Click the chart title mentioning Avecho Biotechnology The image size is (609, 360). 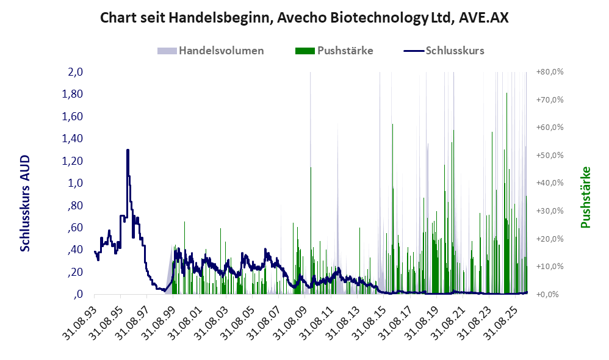(x=304, y=18)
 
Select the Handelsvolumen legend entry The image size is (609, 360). (x=211, y=51)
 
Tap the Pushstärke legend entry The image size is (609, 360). (x=334, y=51)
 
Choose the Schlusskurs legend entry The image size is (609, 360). (x=444, y=51)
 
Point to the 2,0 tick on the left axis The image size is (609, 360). (x=76, y=72)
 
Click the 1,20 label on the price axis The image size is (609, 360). (x=73, y=160)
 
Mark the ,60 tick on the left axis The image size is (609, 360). (x=75, y=228)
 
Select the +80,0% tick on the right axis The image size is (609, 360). (x=550, y=72)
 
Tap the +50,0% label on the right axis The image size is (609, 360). (x=550, y=156)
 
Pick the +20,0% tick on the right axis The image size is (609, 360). (x=550, y=239)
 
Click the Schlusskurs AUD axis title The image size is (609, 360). (x=25, y=203)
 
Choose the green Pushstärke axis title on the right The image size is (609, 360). (x=585, y=197)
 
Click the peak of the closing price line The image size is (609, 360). (x=128, y=150)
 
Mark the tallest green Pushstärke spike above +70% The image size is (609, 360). (x=506, y=93)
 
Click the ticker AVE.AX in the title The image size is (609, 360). (x=483, y=18)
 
